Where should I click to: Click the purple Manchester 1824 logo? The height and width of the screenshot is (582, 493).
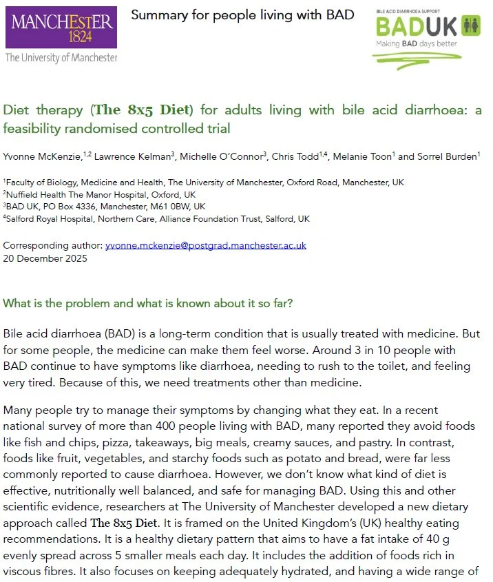61,28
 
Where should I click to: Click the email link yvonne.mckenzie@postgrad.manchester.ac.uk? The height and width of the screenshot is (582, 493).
206,245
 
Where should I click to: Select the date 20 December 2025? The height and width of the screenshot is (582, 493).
45,258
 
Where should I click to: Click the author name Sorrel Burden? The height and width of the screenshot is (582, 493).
448,156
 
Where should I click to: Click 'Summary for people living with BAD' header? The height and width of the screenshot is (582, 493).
242,15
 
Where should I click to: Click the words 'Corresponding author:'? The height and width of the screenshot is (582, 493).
52,245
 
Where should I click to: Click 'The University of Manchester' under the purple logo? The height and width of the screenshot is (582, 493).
61,58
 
